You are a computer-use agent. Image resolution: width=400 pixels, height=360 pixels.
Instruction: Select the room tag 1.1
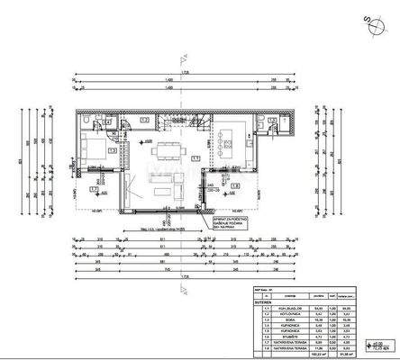pyautogui.click(x=195, y=158)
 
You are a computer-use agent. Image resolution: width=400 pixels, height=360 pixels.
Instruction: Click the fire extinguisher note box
pyautogui.click(x=229, y=221)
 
